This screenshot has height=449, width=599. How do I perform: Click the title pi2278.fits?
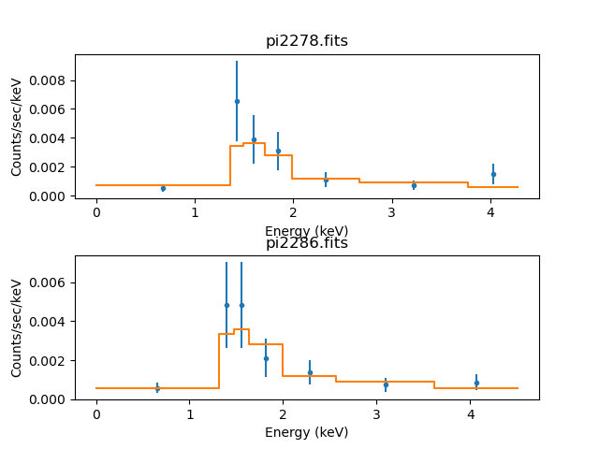[x=306, y=40]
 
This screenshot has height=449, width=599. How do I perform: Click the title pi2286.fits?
[x=306, y=243]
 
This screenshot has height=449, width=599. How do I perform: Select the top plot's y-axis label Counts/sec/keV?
[x=17, y=126]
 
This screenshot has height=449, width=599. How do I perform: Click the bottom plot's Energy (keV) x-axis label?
[x=306, y=432]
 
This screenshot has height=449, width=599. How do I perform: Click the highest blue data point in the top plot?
[x=237, y=101]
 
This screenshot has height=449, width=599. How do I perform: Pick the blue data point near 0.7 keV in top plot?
[x=163, y=188]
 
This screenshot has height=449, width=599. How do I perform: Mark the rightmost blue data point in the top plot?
[x=493, y=174]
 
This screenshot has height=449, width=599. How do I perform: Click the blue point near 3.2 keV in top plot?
[x=414, y=185]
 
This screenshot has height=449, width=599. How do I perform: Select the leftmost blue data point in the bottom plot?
[x=157, y=388]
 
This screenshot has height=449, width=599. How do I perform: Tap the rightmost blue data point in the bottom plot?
[x=476, y=383]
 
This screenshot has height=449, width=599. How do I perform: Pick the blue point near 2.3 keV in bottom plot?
[x=310, y=372]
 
